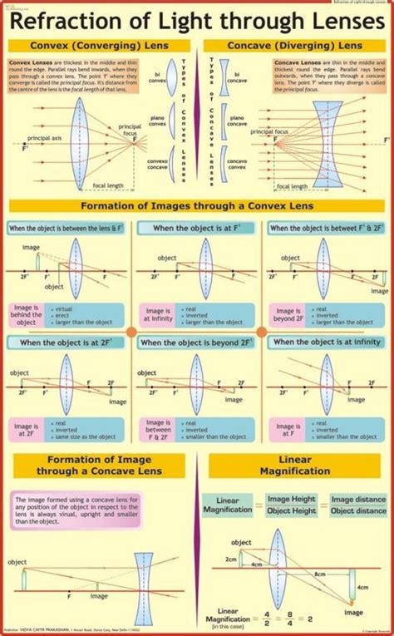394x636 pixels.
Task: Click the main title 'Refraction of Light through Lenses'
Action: coord(197,21)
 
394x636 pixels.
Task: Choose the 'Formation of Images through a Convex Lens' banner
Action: coord(197,206)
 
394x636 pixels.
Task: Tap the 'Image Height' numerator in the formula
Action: coord(291,499)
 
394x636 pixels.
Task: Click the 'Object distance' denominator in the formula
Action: coord(357,510)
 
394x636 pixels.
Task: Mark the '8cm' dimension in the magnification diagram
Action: coord(318,573)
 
